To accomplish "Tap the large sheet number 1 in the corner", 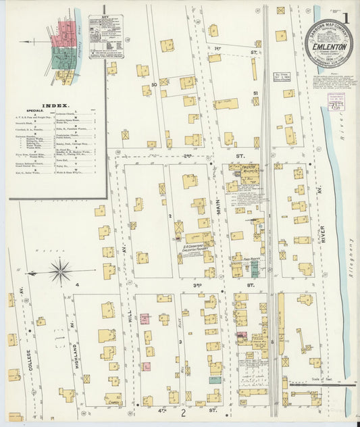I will coord(345,18).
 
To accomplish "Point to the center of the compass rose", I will coord(61,272).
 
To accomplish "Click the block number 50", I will coord(154,84).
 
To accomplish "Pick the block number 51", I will coord(255,93).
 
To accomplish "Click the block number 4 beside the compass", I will coord(77,285).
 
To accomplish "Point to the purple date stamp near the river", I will coord(336,105).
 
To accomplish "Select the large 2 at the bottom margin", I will coord(182,412).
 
